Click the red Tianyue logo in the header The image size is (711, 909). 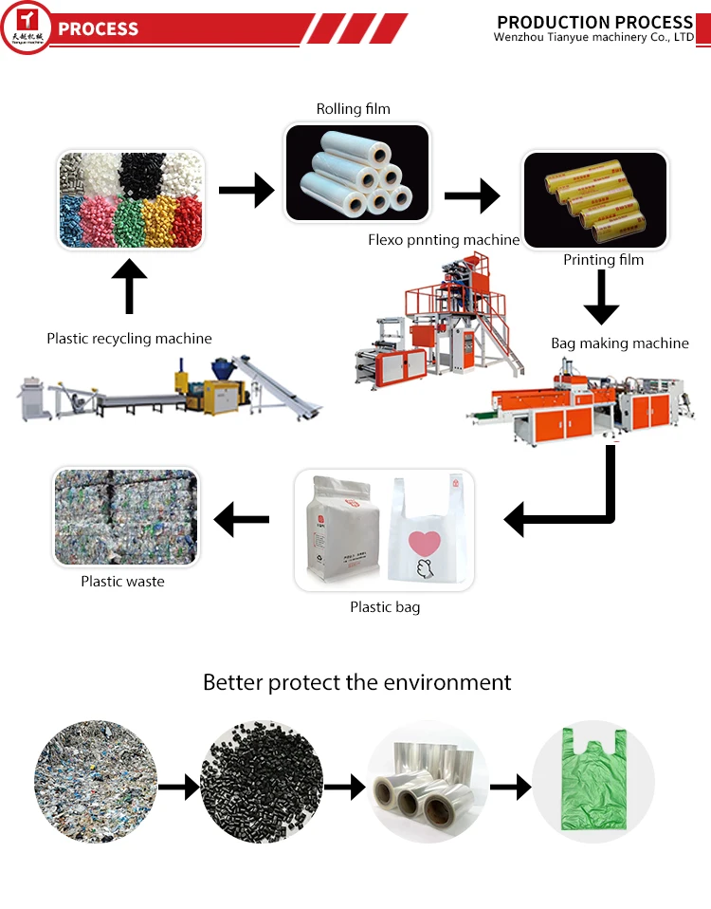(x=27, y=26)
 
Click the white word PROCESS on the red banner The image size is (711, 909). (x=99, y=28)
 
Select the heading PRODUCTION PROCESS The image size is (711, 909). (x=594, y=22)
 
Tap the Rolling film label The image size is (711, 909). (x=354, y=109)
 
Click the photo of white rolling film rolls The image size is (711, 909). (x=357, y=174)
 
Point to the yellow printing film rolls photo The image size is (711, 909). (x=594, y=199)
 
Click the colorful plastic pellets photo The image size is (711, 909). (x=131, y=199)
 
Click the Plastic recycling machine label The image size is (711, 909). (x=130, y=339)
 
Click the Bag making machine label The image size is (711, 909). (x=620, y=343)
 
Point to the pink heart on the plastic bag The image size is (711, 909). (x=426, y=544)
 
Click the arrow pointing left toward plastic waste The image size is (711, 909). (x=242, y=519)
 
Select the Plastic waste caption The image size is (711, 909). (x=122, y=582)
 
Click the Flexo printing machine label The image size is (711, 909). (x=444, y=240)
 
